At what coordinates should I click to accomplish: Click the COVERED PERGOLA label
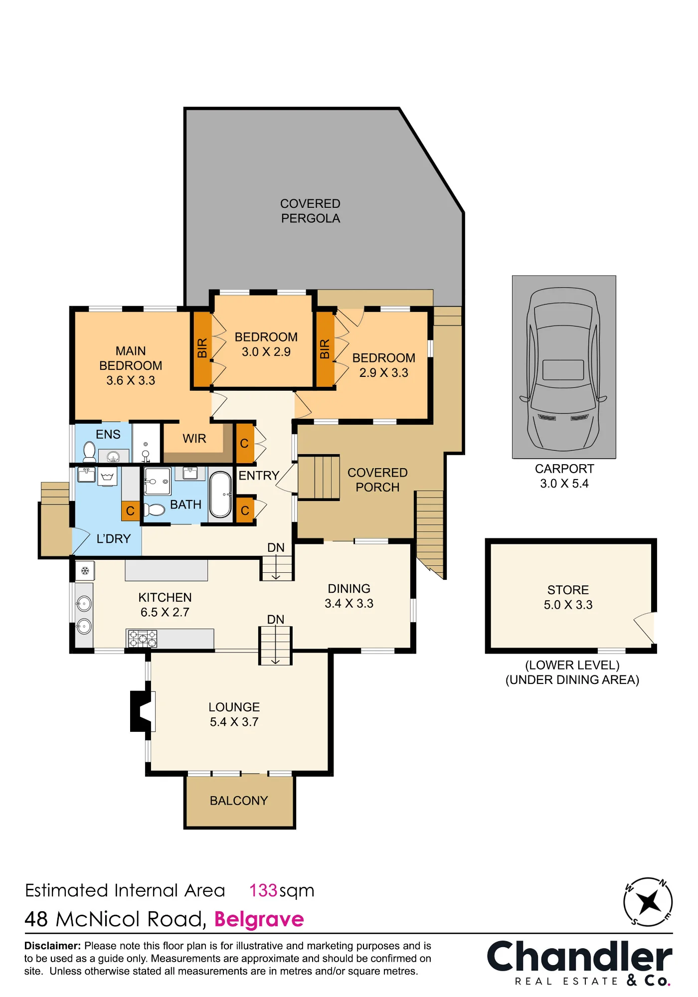point(310,211)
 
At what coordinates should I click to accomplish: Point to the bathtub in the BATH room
point(220,495)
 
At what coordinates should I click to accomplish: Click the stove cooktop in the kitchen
point(143,639)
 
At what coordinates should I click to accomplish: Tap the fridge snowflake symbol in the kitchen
point(85,570)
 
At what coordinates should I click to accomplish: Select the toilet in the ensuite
point(89,452)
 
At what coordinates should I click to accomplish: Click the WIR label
point(194,438)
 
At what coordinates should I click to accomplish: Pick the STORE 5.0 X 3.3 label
point(568,597)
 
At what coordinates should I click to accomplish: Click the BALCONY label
point(239,801)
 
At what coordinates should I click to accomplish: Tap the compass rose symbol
point(648,902)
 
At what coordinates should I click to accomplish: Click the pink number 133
point(263,890)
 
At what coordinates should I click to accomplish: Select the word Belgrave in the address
point(259,919)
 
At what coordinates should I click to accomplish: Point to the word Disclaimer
point(52,946)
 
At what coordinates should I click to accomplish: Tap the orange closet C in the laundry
point(131,510)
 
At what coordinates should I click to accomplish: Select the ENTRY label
point(259,476)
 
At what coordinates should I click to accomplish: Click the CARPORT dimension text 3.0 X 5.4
point(564,484)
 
